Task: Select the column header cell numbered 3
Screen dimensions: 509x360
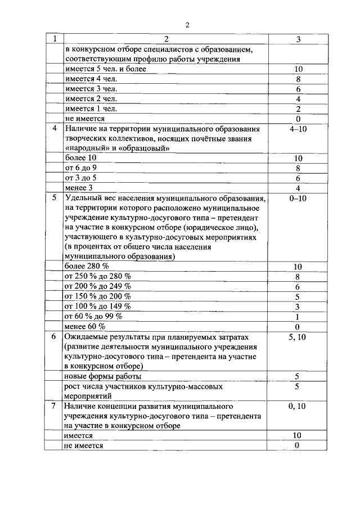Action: coord(298,39)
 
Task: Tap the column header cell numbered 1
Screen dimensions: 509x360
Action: coord(55,39)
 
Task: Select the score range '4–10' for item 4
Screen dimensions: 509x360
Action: coord(298,128)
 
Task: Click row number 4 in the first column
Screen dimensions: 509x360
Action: coord(55,128)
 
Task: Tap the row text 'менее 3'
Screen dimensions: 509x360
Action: coord(79,187)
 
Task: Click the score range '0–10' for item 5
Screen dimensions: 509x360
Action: coord(298,198)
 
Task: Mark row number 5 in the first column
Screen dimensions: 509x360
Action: coord(55,198)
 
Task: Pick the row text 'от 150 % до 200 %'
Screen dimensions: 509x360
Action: coord(98,296)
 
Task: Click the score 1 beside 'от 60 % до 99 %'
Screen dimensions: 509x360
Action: coord(298,317)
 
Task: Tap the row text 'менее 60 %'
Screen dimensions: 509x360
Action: coord(85,326)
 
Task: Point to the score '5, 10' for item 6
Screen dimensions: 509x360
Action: coord(298,337)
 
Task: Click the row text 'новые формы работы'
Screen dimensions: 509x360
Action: coord(103,376)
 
